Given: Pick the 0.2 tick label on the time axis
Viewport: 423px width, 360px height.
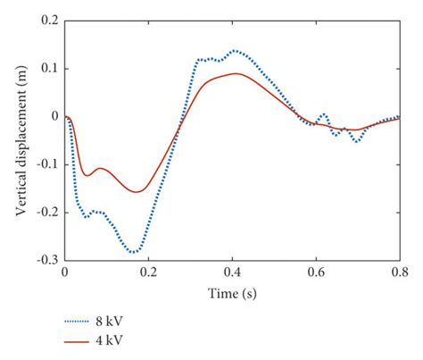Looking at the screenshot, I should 147,273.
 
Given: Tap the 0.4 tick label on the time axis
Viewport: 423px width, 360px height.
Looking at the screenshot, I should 231,273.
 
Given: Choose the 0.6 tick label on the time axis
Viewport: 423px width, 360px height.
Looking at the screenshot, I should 315,273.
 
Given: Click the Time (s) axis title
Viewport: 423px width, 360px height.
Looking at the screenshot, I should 231,292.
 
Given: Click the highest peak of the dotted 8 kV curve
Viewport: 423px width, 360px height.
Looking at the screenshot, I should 234,51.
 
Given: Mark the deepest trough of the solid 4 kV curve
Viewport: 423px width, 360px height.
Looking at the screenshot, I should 138,191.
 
